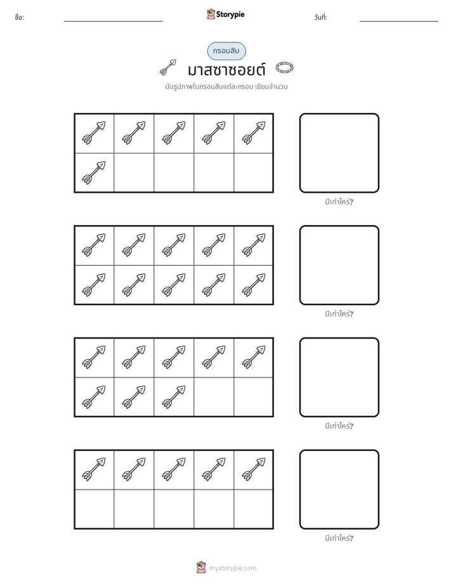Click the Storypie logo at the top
pos(225,14)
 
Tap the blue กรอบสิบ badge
pos(226,51)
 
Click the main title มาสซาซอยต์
pos(226,70)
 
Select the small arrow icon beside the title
pos(168,67)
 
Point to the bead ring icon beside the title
pos(284,68)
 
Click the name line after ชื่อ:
pos(113,21)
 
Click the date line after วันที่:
pos(399,21)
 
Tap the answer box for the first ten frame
pos(339,153)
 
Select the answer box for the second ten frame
pos(339,265)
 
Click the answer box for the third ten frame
pos(339,377)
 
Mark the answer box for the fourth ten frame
pos(339,489)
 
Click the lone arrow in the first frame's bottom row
pos(94,173)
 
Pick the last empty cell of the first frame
pos(254,173)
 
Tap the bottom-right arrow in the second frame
pos(254,285)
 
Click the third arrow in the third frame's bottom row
pos(174,397)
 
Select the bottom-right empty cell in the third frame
pos(254,397)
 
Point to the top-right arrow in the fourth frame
pos(254,469)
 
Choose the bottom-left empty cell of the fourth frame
pos(94,509)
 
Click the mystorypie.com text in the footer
pos(232,568)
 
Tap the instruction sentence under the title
pos(226,87)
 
